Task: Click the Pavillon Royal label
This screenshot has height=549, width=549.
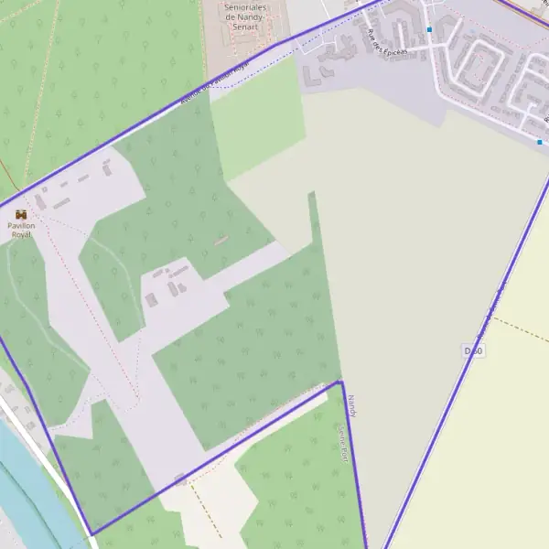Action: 21,230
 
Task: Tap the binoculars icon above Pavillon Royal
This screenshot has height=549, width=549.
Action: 21,214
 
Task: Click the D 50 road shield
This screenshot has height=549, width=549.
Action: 472,351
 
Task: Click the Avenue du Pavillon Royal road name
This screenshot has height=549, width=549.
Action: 215,86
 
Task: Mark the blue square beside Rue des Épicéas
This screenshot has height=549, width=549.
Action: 429,29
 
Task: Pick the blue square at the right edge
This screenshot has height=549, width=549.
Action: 540,142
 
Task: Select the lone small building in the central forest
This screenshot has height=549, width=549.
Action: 221,241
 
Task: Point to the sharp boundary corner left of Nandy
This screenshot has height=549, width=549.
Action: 339,382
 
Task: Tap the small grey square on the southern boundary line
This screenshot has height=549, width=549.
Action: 180,479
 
